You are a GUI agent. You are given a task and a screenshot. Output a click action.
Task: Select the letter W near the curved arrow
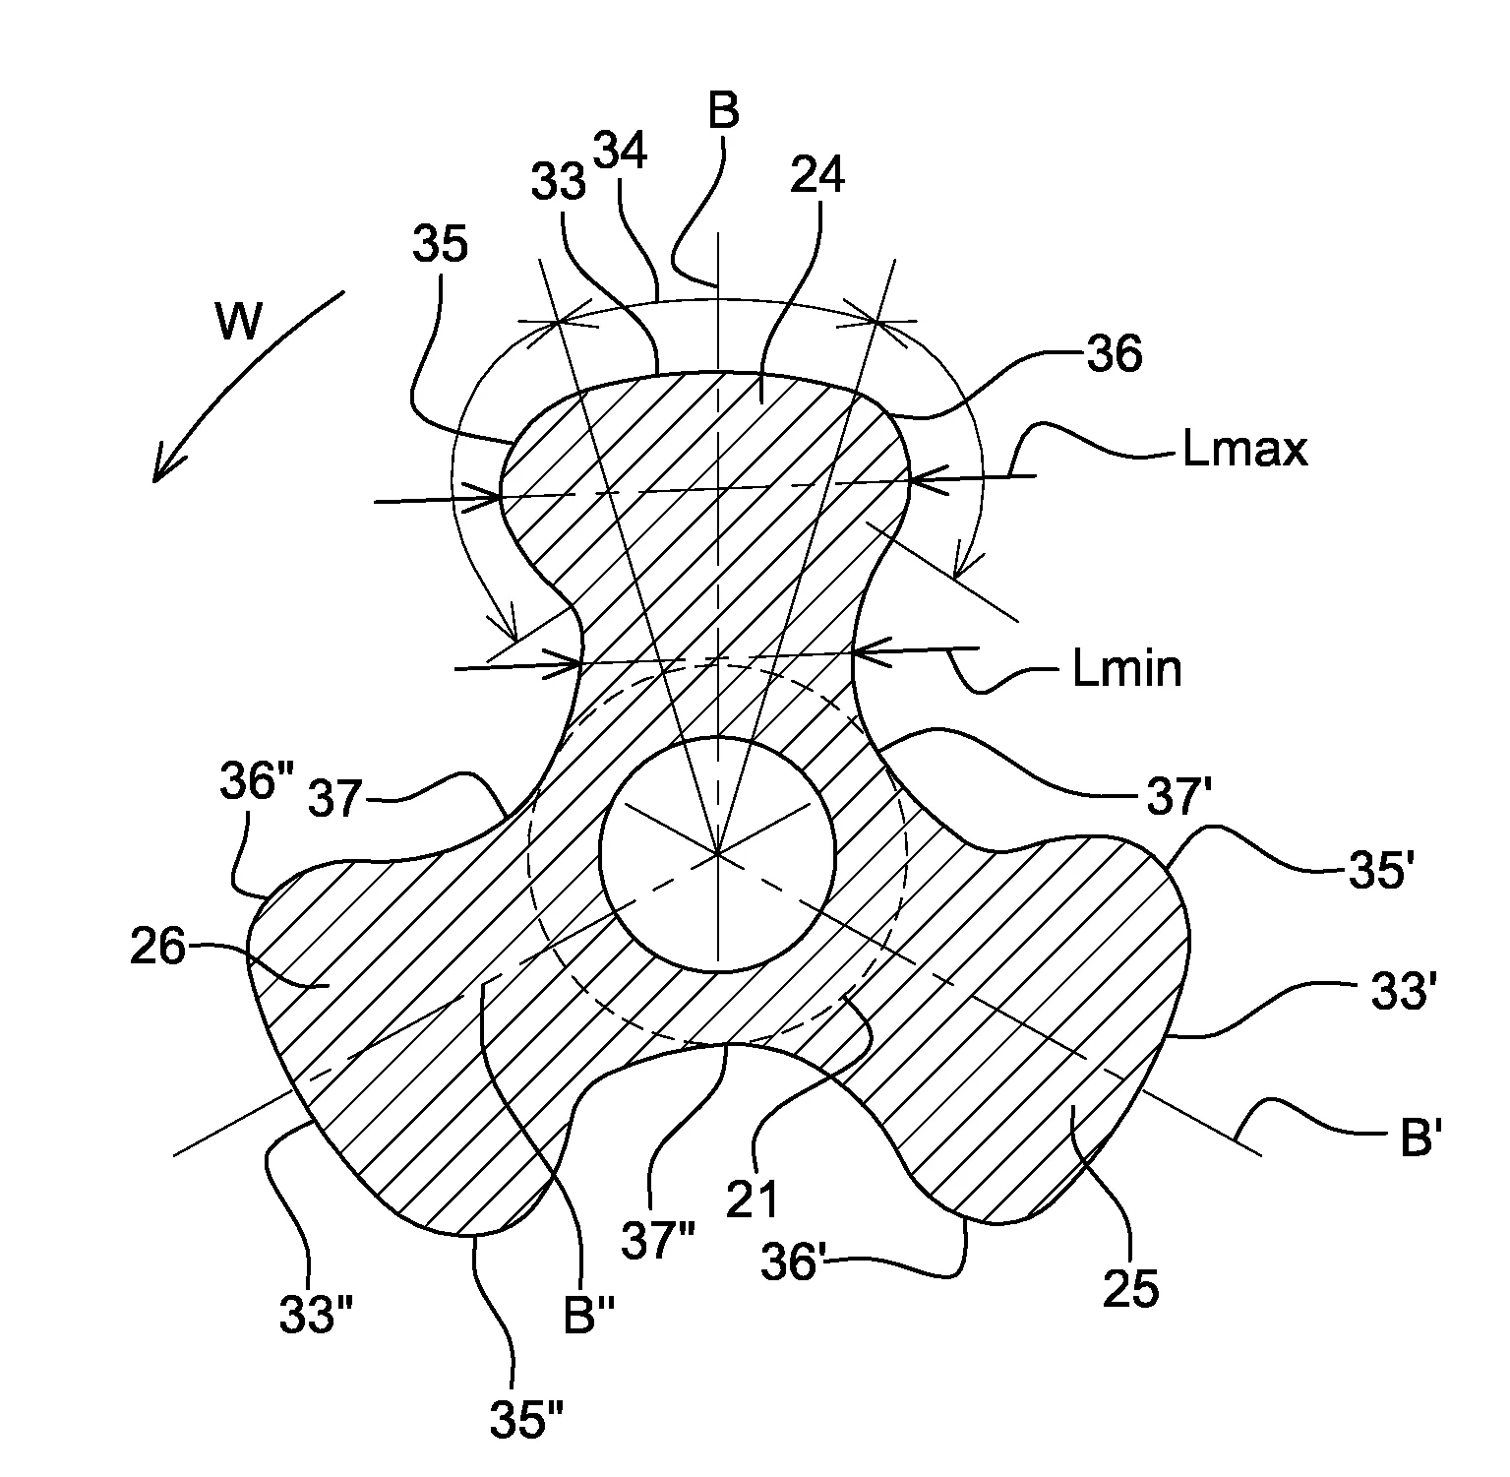pos(239,321)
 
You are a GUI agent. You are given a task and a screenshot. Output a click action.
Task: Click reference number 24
pos(817,177)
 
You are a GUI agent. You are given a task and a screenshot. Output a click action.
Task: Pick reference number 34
pos(621,152)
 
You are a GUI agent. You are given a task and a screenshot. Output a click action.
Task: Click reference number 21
pos(755,1200)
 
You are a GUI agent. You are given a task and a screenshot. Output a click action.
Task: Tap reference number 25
pos(1131,1289)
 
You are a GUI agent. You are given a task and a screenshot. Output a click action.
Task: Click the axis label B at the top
pos(723,112)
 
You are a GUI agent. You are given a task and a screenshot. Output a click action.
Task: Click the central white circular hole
pos(718,853)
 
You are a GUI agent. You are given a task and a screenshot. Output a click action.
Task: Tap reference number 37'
pos(1179,799)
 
